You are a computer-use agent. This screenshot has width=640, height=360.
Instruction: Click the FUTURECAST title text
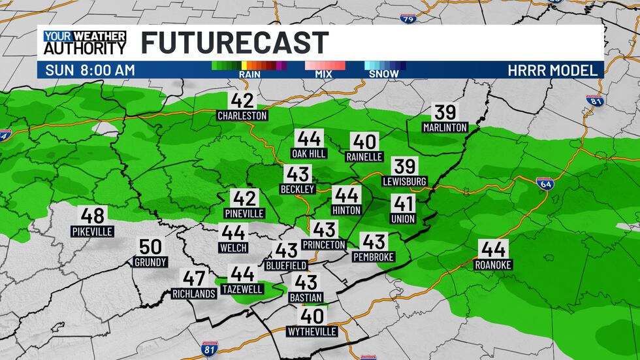pyautogui.click(x=234, y=43)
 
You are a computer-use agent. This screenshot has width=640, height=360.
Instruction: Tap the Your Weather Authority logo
pyautogui.click(x=84, y=42)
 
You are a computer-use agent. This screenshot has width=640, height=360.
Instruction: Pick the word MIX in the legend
pyautogui.click(x=323, y=74)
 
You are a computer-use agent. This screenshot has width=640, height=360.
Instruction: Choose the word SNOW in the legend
pyautogui.click(x=384, y=74)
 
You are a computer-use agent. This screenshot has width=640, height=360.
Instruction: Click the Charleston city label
pyautogui.click(x=243, y=116)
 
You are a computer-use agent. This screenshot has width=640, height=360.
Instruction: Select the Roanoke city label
pyautogui.click(x=494, y=265)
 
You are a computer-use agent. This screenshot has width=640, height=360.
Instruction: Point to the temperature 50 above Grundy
pyautogui.click(x=151, y=247)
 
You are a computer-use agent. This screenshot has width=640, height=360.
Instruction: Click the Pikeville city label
pyautogui.click(x=93, y=231)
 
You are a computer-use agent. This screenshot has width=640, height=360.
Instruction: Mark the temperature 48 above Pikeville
pyautogui.click(x=93, y=216)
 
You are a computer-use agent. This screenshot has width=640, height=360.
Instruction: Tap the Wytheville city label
pyautogui.click(x=312, y=331)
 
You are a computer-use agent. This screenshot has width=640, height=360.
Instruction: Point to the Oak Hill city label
pyautogui.click(x=309, y=154)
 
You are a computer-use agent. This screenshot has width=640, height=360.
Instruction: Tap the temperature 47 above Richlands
pyautogui.click(x=194, y=278)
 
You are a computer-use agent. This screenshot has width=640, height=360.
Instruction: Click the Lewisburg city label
pyautogui.click(x=405, y=181)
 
